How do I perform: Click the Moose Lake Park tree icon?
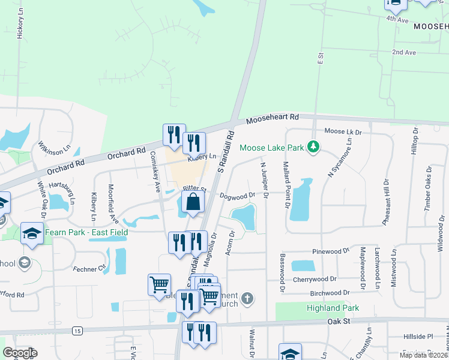click(312, 146)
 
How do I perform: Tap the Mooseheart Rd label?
click(273, 119)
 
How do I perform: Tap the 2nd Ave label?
click(404, 53)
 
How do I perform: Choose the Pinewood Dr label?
click(330, 251)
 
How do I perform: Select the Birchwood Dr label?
click(330, 292)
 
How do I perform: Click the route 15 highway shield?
click(77, 331)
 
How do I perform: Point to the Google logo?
click(20, 353)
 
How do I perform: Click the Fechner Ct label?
click(89, 266)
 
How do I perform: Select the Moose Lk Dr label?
click(343, 131)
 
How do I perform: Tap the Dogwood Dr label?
click(237, 195)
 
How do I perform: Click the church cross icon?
click(247, 298)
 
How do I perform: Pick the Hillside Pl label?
click(418, 337)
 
